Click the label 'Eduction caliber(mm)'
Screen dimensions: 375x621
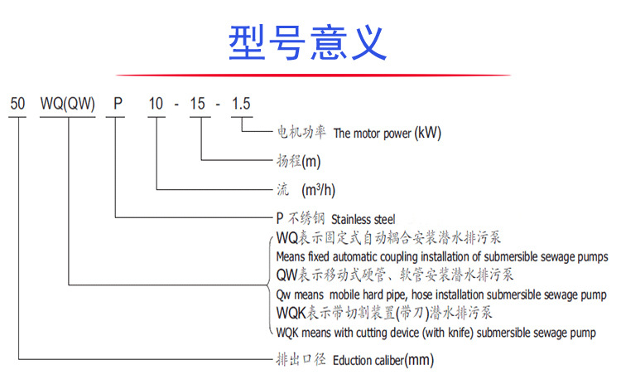pyautogui.click(x=383, y=361)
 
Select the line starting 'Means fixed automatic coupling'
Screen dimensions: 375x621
pyautogui.click(x=441, y=257)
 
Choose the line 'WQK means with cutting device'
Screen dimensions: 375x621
pyautogui.click(x=435, y=333)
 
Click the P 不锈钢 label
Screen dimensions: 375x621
pyautogui.click(x=300, y=220)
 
